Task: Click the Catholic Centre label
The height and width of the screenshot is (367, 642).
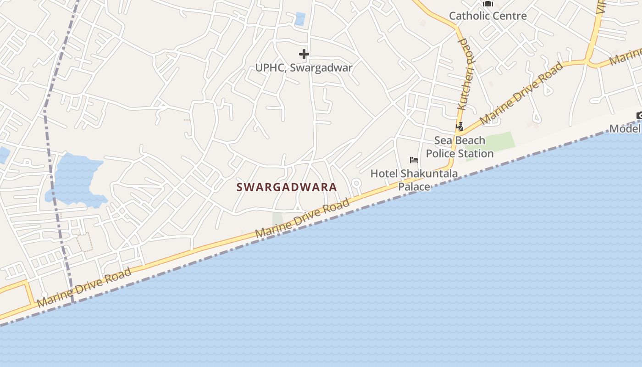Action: (x=487, y=16)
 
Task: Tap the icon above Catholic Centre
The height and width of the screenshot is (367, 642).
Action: (x=487, y=4)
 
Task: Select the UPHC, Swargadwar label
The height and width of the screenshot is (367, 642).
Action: (x=304, y=68)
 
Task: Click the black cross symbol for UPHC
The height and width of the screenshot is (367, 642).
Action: (x=304, y=54)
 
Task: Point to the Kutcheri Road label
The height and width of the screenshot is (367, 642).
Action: (x=465, y=74)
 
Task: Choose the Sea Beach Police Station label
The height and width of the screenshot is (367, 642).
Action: (x=459, y=147)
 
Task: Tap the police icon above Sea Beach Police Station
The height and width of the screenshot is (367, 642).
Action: (x=459, y=126)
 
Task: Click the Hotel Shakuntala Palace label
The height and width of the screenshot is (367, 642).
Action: (x=414, y=180)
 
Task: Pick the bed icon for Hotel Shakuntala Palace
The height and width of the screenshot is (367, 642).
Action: (x=414, y=160)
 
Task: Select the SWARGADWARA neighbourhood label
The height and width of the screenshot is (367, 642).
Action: (x=287, y=187)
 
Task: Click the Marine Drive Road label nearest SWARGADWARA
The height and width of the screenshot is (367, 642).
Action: (x=303, y=218)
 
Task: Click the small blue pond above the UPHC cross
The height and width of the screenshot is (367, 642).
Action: (x=300, y=19)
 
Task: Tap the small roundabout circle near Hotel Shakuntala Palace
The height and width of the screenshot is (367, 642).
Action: (x=356, y=183)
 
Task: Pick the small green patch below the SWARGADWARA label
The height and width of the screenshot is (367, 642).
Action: (x=277, y=219)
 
